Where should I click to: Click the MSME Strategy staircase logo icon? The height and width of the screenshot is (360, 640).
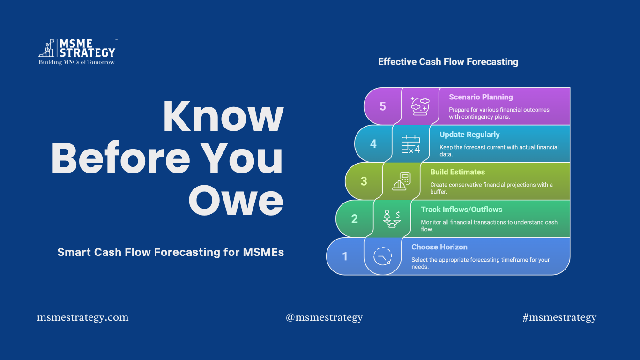(x=46, y=48)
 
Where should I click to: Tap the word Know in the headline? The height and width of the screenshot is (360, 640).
(x=223, y=116)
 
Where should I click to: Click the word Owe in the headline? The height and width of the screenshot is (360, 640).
(x=236, y=200)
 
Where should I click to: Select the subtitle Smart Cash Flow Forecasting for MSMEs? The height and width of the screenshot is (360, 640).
(x=171, y=252)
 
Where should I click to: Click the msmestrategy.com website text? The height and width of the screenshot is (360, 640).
(x=82, y=317)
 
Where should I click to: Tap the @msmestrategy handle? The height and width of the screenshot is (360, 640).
(x=324, y=317)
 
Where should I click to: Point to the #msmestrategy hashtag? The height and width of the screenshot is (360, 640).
(x=559, y=317)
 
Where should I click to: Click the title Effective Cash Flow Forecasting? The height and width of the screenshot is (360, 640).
(x=448, y=62)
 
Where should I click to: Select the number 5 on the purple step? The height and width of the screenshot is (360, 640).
(x=383, y=106)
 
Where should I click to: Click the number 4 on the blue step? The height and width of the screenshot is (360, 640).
(x=373, y=144)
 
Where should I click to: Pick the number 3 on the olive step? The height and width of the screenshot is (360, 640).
(x=364, y=181)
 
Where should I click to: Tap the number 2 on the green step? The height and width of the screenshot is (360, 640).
(x=354, y=219)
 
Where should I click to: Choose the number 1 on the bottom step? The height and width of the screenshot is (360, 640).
(x=345, y=256)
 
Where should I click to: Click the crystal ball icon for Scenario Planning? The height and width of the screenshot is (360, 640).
(x=420, y=106)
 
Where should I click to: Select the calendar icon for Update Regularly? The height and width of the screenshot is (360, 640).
(x=410, y=144)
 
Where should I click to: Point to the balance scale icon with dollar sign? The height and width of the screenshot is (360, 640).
(x=392, y=219)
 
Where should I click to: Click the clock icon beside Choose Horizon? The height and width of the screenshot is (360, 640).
(x=383, y=256)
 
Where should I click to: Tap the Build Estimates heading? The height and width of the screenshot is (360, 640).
(x=457, y=172)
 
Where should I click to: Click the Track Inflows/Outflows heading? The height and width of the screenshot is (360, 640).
(x=461, y=210)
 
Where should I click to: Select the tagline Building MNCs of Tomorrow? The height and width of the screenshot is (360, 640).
(x=76, y=62)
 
